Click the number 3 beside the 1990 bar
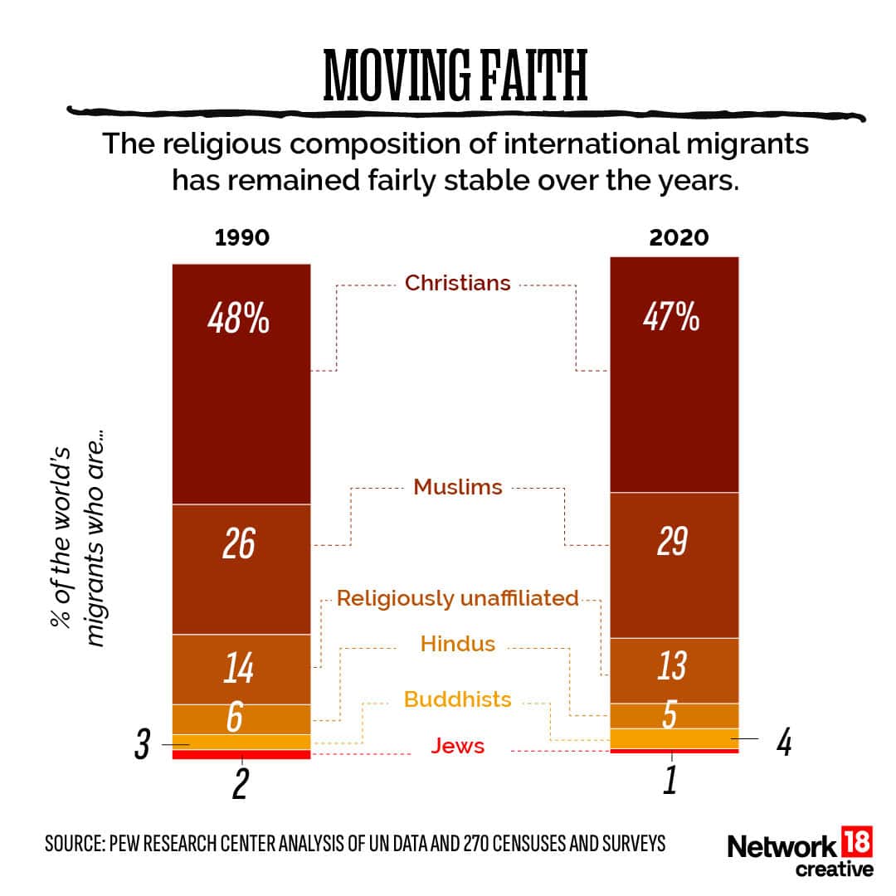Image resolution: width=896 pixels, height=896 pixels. pos(142,746)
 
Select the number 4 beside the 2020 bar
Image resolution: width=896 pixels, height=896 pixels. pos(782,742)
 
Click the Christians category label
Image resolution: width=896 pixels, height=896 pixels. pos(457,283)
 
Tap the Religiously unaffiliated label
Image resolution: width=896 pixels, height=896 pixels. pos(457,598)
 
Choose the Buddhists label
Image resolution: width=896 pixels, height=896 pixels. pos(457,699)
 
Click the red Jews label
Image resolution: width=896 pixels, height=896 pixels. pos(457,747)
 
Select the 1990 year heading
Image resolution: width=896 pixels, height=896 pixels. pos(241,237)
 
